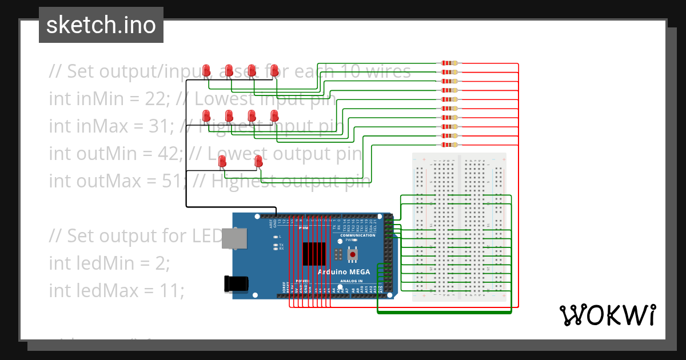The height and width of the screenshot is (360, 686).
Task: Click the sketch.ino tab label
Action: [101, 25]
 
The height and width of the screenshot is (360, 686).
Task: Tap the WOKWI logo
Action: [607, 315]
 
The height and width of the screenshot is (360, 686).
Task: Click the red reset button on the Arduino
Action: [353, 254]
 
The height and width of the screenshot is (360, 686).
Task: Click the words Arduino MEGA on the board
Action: [344, 272]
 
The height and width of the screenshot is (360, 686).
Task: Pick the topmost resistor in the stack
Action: [450, 63]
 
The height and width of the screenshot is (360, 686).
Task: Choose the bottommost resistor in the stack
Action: [450, 145]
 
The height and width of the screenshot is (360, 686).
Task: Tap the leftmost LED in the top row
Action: [206, 70]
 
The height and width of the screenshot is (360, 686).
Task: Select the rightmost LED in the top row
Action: [274, 70]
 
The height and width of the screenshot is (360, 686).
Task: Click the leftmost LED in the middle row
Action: [206, 116]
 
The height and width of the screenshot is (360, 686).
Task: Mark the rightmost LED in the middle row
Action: [274, 116]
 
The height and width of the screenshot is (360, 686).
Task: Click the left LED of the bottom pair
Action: [222, 162]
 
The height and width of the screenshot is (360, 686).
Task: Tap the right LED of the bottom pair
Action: [258, 161]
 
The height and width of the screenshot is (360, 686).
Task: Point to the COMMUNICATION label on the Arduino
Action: [358, 235]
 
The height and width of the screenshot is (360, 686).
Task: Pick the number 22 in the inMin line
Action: [154, 99]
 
